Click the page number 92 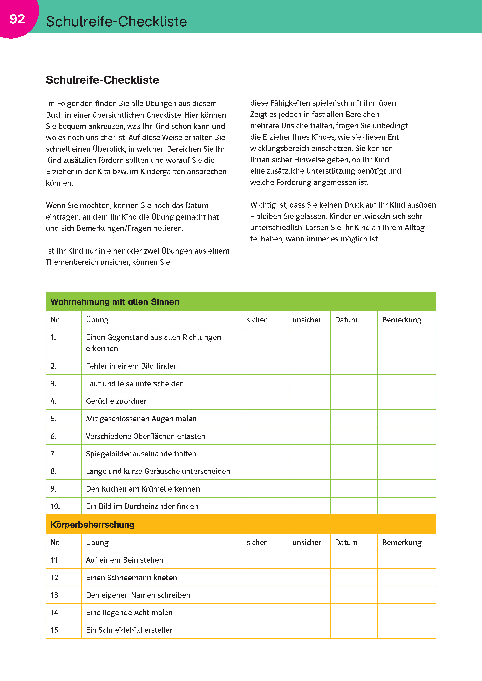[17, 19]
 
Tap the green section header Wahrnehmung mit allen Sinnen [115, 302]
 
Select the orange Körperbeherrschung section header [92, 524]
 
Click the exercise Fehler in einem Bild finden [132, 366]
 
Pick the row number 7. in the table [53, 453]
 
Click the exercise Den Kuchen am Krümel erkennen [143, 489]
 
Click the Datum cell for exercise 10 [354, 506]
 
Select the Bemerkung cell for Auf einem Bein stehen [406, 560]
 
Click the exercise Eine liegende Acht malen [129, 612]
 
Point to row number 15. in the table [55, 630]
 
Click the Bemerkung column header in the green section [402, 320]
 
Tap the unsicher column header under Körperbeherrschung [307, 542]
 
